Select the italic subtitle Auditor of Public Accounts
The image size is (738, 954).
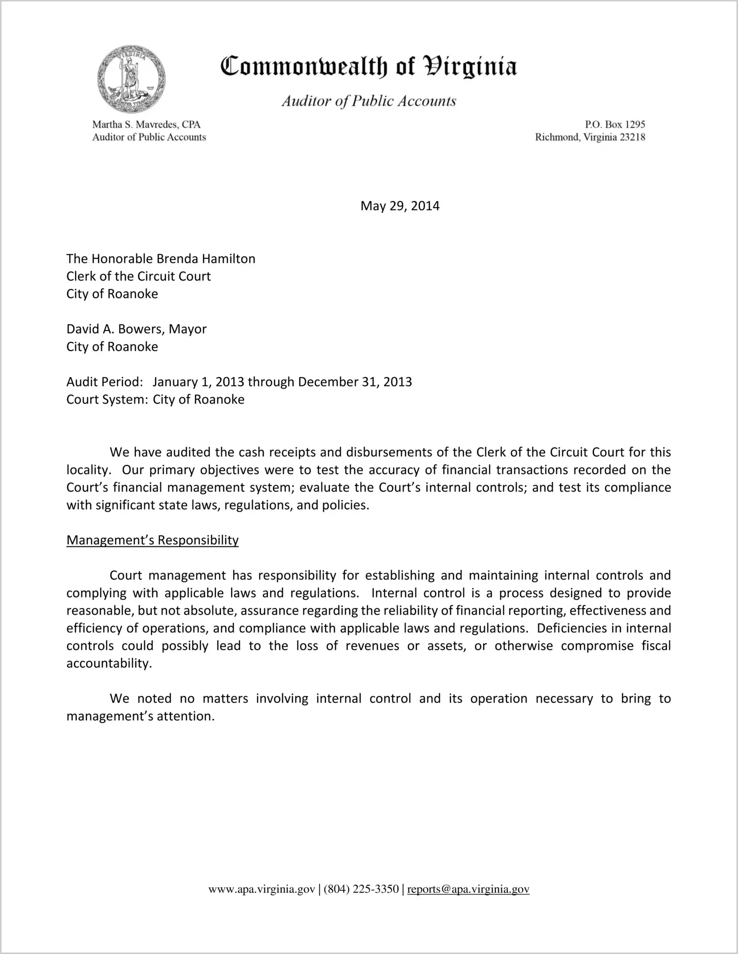click(369, 101)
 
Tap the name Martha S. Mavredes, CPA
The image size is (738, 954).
click(146, 124)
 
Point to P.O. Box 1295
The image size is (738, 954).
click(615, 124)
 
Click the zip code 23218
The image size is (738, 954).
click(632, 137)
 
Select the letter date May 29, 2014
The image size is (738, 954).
click(400, 206)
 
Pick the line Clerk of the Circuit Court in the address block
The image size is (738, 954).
click(138, 276)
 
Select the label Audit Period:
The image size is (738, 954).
click(105, 382)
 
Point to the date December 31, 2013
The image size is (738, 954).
click(355, 382)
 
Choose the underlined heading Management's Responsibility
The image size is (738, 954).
click(152, 540)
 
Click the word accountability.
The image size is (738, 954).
click(108, 664)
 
